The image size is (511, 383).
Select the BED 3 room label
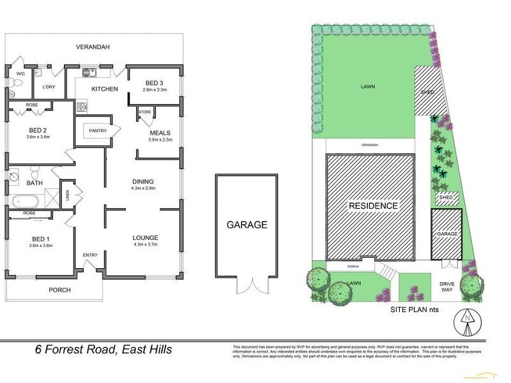coord(154,84)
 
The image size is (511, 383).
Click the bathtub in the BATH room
coord(24,202)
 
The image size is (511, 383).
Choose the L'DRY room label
coord(49,87)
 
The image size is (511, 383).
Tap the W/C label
coord(20,74)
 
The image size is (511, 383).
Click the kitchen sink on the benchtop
coord(89,71)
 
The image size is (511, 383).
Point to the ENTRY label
coord(89,255)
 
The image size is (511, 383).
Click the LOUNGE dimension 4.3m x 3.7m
coord(145,244)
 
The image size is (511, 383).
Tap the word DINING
coord(144,181)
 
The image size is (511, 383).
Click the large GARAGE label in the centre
coord(247,225)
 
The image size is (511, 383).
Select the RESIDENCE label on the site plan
coord(373,206)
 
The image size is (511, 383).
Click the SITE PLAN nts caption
coord(416,310)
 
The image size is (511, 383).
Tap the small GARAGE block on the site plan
coord(447,234)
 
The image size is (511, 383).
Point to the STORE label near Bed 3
coord(145,112)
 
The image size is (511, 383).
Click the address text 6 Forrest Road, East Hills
coord(103,349)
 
